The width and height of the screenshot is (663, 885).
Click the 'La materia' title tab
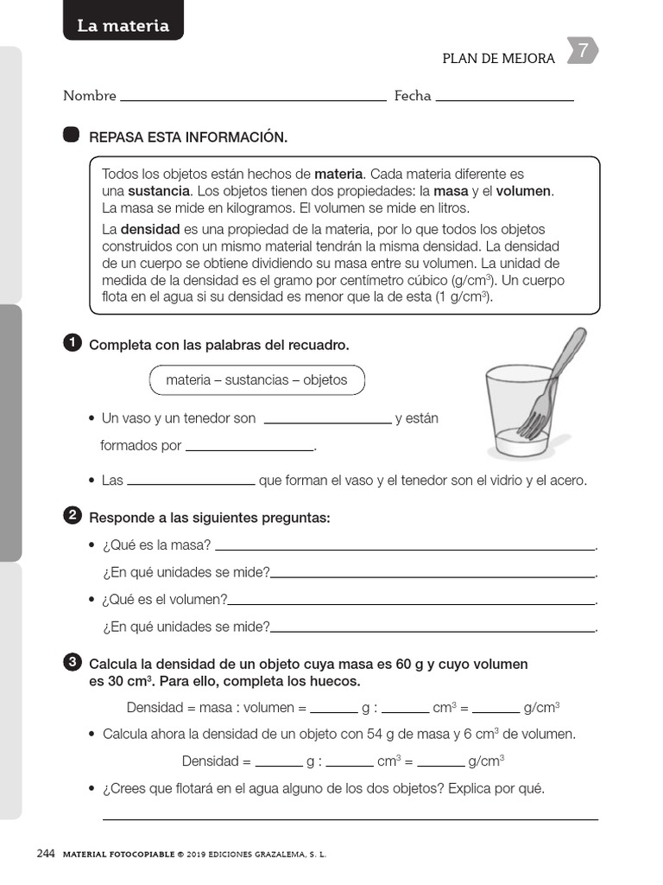click(123, 25)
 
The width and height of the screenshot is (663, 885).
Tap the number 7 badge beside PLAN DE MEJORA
click(583, 52)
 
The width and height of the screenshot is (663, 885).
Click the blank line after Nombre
click(253, 99)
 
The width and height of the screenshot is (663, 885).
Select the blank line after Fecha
click(505, 99)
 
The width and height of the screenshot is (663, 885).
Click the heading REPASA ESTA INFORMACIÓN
click(188, 137)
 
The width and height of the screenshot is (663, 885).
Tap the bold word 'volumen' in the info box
click(523, 191)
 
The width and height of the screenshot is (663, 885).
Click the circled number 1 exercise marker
click(73, 344)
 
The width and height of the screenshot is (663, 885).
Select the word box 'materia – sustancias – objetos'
click(256, 380)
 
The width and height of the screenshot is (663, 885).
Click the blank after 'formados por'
click(249, 448)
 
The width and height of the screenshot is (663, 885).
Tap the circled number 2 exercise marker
click(73, 517)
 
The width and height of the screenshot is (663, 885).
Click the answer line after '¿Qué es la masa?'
click(405, 547)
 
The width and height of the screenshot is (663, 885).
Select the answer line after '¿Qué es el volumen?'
click(412, 602)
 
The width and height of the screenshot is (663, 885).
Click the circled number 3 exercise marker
click(73, 663)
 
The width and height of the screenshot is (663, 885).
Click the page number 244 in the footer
click(46, 854)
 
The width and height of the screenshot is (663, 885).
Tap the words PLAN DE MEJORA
click(498, 59)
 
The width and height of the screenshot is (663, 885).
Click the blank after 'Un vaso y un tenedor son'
click(327, 421)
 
